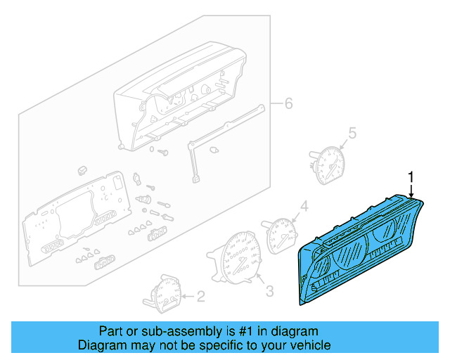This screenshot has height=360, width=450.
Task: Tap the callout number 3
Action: point(269,289)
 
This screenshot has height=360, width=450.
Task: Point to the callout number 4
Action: point(304,206)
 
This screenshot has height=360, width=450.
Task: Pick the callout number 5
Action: point(353,131)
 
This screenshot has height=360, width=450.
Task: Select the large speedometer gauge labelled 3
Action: point(234,262)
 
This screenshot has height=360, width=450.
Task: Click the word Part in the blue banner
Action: point(111,331)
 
